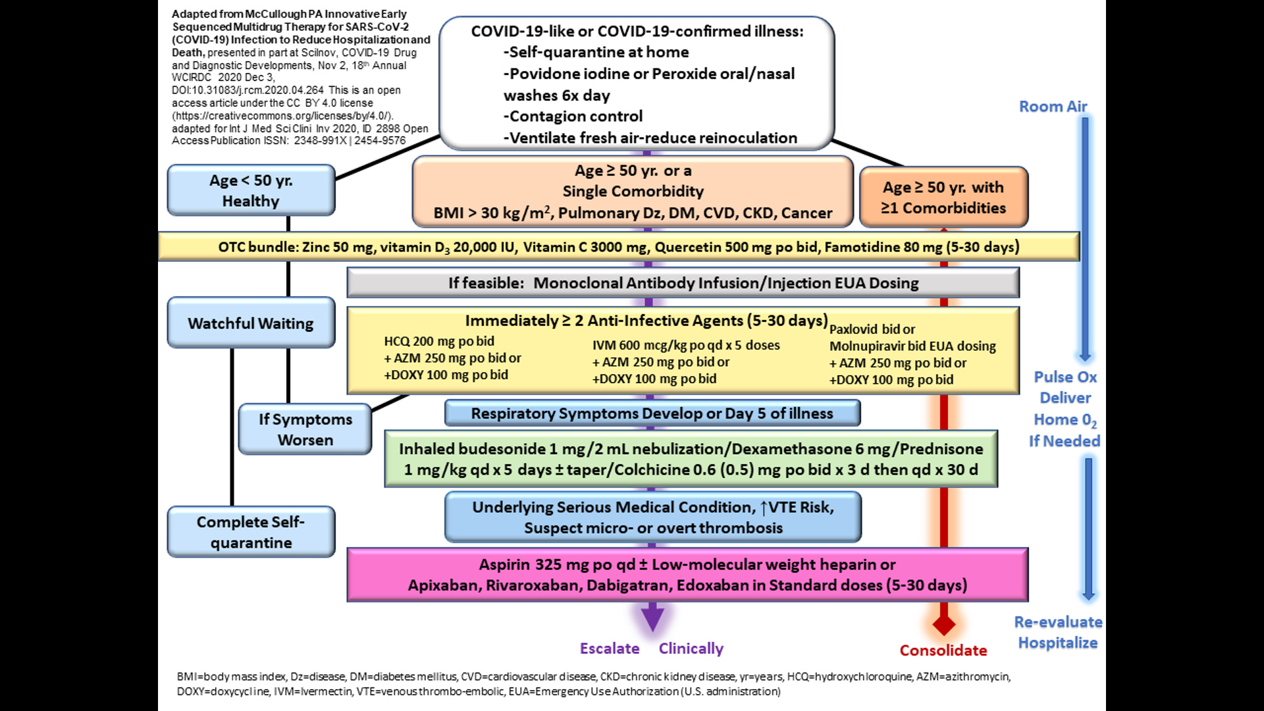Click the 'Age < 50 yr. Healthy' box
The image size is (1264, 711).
click(x=251, y=190)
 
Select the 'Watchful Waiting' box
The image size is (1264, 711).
click(x=251, y=323)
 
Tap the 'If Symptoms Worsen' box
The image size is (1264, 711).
click(x=305, y=429)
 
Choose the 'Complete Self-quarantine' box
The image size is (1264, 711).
click(x=251, y=532)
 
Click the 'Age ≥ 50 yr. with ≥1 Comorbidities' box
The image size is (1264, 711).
click(x=943, y=197)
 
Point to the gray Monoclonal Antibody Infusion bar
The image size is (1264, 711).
click(x=683, y=283)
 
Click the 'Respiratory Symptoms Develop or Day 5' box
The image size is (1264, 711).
click(x=652, y=413)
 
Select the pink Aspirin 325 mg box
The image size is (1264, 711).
click(x=687, y=575)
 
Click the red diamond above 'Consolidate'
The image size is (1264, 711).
click(x=944, y=624)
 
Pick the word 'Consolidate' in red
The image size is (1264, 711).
click(x=943, y=650)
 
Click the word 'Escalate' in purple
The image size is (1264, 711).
click(x=610, y=648)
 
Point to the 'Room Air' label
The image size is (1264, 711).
click(x=1053, y=107)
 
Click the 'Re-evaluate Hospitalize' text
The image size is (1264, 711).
click(x=1058, y=632)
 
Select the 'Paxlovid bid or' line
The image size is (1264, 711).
click(x=872, y=329)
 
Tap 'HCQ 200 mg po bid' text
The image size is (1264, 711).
click(x=439, y=341)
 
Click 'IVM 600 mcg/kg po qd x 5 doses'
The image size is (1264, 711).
click(x=686, y=345)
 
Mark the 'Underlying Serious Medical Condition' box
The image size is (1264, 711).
click(x=652, y=517)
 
